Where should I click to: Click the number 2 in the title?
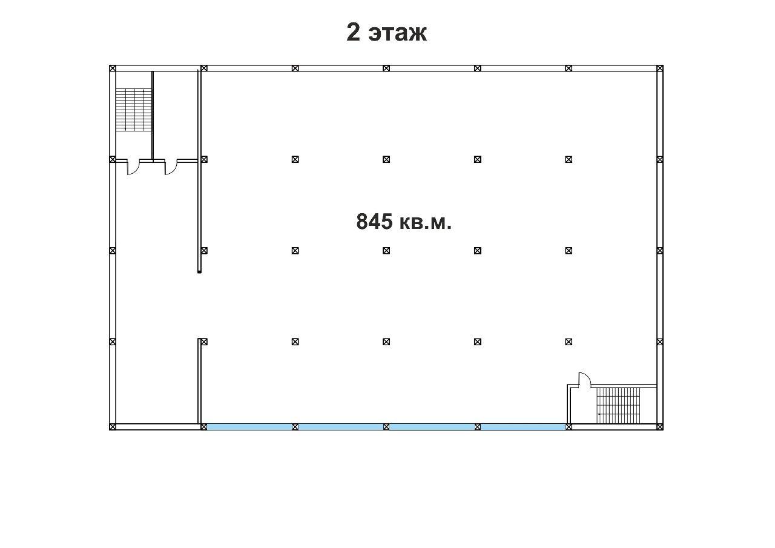pyautogui.click(x=353, y=32)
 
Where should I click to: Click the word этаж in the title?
pyautogui.click(x=398, y=33)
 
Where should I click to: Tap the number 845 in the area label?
pyautogui.click(x=374, y=222)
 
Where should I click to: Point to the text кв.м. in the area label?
pyautogui.click(x=426, y=223)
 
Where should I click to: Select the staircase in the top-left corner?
pyautogui.click(x=134, y=110)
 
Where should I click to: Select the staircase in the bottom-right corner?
pyautogui.click(x=618, y=406)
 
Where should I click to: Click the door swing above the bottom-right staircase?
pyautogui.click(x=585, y=378)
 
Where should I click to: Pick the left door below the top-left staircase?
pyautogui.click(x=133, y=167)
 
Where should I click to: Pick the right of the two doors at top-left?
pyautogui.click(x=171, y=167)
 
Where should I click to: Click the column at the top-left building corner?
pyautogui.click(x=113, y=68)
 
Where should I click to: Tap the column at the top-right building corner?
pyautogui.click(x=660, y=68)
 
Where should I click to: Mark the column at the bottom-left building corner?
pyautogui.click(x=113, y=427)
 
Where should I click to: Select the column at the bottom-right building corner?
pyautogui.click(x=660, y=427)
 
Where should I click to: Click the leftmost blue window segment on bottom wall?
pyautogui.click(x=249, y=427)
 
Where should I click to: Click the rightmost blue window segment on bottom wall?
pyautogui.click(x=523, y=427)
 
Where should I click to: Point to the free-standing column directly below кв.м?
pyautogui.click(x=386, y=251)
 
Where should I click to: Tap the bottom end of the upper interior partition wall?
pyautogui.click(x=199, y=272)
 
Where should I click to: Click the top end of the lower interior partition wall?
pyautogui.click(x=199, y=338)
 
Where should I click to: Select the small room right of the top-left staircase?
pyautogui.click(x=176, y=115)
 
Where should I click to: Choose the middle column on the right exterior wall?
pyautogui.click(x=660, y=251)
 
